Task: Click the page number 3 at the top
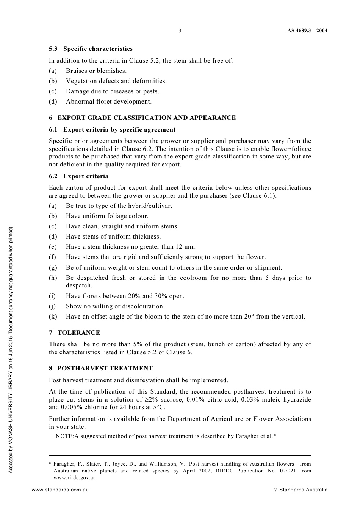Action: (180, 31)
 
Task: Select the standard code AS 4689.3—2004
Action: (307, 31)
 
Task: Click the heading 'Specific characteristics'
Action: (98, 49)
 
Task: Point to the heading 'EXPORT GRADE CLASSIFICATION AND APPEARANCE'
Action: (146, 118)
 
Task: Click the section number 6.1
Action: (53, 130)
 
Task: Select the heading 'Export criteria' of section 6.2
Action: (86, 176)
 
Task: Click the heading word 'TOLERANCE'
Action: (78, 333)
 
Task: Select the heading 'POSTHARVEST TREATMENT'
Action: (105, 369)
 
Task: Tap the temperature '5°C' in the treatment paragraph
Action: (159, 408)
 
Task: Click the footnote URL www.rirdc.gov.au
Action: (75, 478)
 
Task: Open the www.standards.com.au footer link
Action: (60, 490)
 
